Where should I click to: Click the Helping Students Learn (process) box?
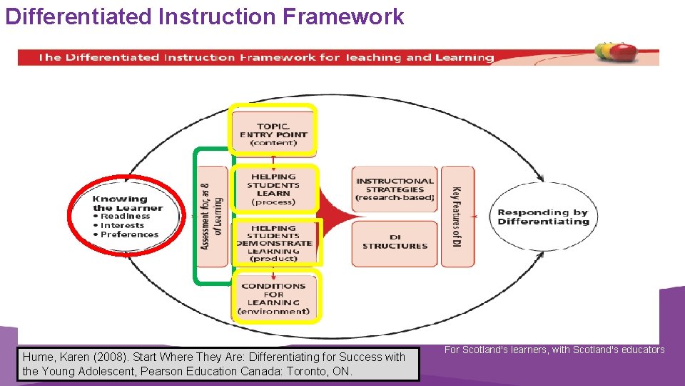tap(273, 189)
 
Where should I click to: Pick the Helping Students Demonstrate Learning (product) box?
tap(274, 243)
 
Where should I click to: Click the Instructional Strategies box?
tap(395, 189)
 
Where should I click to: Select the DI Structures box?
tap(395, 243)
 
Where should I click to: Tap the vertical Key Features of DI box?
tap(457, 217)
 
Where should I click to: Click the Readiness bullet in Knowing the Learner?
tap(126, 216)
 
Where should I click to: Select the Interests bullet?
tap(122, 225)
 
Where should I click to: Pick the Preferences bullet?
tap(129, 234)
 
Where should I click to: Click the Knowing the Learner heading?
tap(127, 204)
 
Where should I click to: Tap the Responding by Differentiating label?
tap(543, 217)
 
